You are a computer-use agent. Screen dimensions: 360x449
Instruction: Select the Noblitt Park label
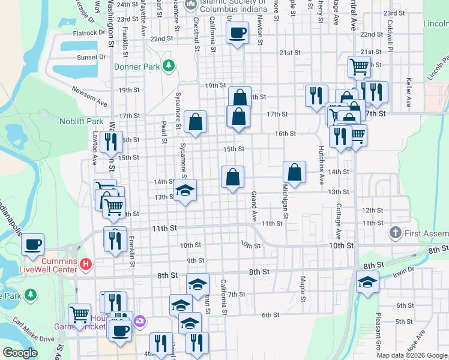tap(82, 121)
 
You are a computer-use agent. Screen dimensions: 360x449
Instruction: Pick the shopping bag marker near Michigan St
tap(295, 172)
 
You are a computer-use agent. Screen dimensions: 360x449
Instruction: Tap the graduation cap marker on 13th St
tap(185, 191)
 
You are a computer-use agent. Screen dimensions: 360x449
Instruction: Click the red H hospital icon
tap(86, 263)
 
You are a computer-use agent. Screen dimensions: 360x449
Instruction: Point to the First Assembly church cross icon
tap(395, 232)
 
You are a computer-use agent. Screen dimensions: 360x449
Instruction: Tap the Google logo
tap(20, 353)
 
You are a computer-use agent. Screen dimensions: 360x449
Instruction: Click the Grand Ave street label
tap(254, 205)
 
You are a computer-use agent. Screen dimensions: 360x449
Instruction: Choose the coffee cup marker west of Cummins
tap(33, 244)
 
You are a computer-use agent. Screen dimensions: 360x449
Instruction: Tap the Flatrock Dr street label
tap(89, 34)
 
